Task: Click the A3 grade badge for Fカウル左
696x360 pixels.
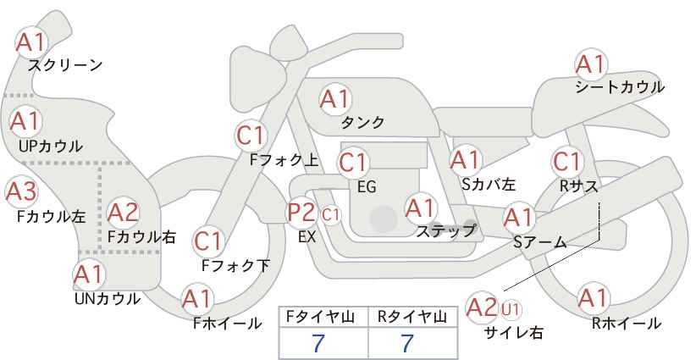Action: click(21, 191)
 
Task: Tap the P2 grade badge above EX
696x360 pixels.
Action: click(301, 212)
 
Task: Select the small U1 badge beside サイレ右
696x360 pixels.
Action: click(511, 309)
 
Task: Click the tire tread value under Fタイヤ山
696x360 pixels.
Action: click(318, 343)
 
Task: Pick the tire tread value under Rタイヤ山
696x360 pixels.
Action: click(407, 343)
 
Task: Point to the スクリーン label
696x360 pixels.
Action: click(65, 65)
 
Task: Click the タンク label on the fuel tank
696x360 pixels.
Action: click(362, 122)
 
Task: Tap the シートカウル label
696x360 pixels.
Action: click(620, 86)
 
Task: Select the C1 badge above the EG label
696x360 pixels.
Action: click(353, 163)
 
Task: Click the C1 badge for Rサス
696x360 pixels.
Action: click(566, 162)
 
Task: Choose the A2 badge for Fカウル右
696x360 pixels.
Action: click(123, 213)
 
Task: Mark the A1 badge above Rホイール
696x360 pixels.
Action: click(593, 298)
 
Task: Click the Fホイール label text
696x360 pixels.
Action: click(227, 324)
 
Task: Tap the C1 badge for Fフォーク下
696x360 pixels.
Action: click(207, 241)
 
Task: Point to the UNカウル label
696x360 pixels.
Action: click(108, 299)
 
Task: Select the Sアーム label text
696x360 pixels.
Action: click(540, 242)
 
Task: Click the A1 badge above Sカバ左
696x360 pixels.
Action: click(465, 160)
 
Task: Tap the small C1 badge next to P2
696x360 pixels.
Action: click(330, 215)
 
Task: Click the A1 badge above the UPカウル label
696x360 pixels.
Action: click(25, 121)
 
